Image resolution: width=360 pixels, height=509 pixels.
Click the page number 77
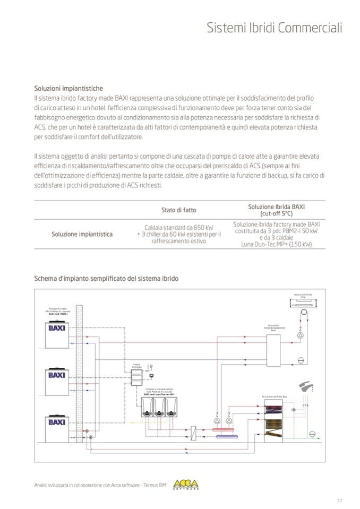pyautogui.click(x=339, y=500)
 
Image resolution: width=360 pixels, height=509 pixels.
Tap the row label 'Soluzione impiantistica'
pyautogui.click(x=82, y=234)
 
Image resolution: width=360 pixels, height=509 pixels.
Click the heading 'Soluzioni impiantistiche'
pyautogui.click(x=68, y=88)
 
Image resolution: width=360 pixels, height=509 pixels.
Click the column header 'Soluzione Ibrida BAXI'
pyautogui.click(x=280, y=206)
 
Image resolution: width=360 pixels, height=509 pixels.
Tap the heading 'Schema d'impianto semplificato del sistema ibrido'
pyautogui.click(x=106, y=278)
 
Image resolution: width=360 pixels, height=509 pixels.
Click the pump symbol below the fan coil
pyautogui.click(x=300, y=337)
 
